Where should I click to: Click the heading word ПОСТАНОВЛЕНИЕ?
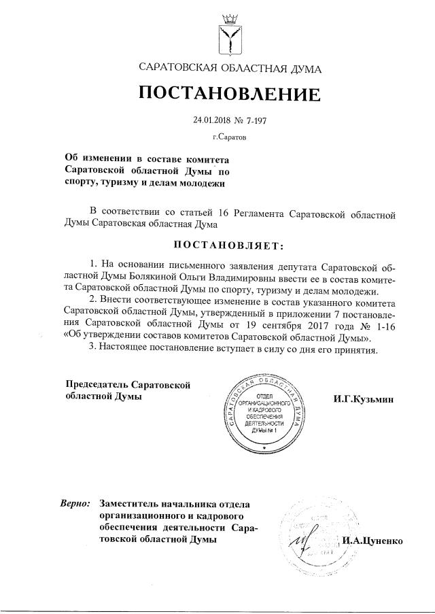coord(229,93)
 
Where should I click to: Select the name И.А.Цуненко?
coord(373,541)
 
